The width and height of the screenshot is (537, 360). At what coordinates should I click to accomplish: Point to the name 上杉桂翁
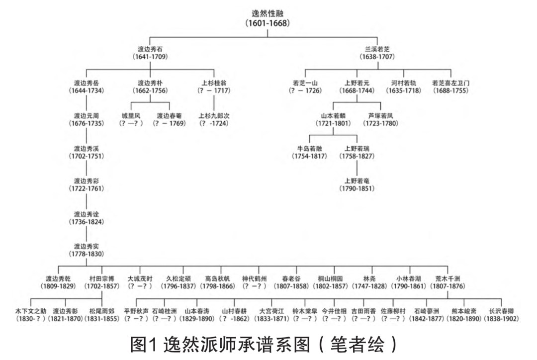213,82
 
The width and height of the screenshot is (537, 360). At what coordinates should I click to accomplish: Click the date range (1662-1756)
150,90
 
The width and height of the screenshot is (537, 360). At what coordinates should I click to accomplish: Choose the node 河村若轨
403,82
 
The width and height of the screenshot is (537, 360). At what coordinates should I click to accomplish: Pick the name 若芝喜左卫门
450,82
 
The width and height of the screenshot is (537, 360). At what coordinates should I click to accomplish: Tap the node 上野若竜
357,180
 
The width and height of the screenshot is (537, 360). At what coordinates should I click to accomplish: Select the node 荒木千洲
448,278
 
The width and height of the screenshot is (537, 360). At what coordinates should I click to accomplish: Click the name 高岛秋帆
217,278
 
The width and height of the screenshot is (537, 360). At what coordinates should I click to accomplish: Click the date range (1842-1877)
426,319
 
